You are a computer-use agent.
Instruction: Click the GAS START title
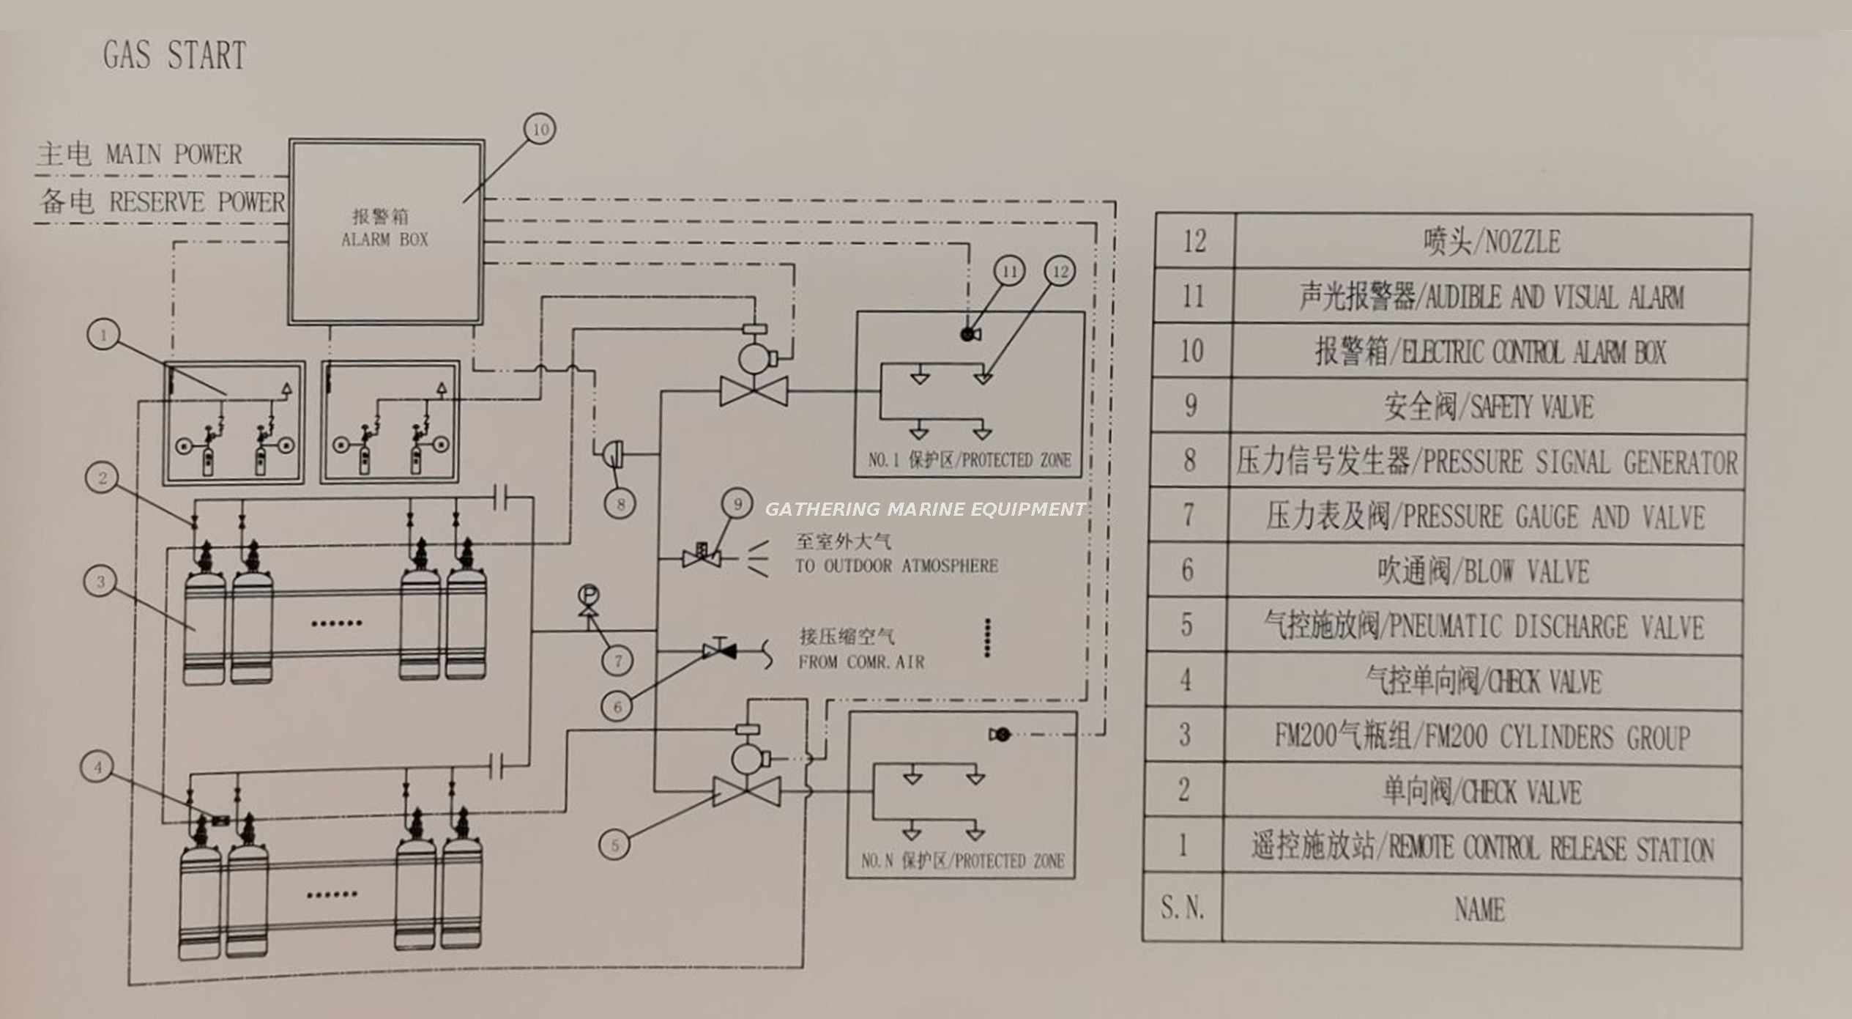[x=174, y=56]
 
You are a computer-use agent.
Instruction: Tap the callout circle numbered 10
[x=540, y=130]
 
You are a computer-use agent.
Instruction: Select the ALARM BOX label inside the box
[x=384, y=240]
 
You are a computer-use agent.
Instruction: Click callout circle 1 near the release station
[x=103, y=336]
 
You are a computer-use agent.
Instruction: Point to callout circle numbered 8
[x=621, y=504]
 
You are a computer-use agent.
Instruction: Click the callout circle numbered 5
[x=615, y=845]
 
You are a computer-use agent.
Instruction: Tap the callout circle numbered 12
[x=1060, y=272]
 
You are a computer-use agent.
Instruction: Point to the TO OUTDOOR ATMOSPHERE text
[x=896, y=566]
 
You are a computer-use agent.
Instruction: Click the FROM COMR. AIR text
[x=861, y=662]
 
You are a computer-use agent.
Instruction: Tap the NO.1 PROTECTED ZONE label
[x=969, y=461]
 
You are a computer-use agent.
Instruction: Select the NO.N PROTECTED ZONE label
[x=962, y=861]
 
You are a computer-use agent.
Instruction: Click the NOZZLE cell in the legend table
[x=1492, y=242]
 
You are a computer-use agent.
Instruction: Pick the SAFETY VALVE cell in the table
[x=1489, y=407]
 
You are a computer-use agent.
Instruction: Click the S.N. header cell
[x=1182, y=908]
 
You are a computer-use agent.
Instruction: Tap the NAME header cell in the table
[x=1479, y=910]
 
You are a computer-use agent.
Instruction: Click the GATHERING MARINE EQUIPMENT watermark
[x=925, y=509]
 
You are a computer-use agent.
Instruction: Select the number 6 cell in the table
[x=1188, y=571]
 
